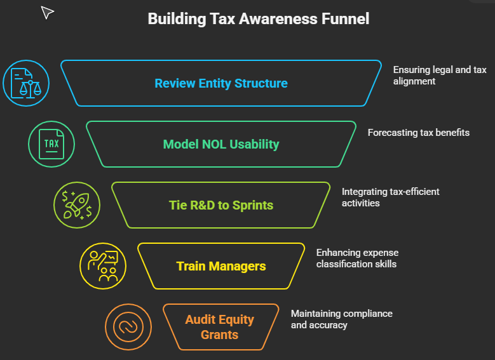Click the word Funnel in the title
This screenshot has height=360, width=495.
[346, 19]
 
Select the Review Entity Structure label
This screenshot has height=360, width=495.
[220, 83]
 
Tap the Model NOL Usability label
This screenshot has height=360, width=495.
[220, 144]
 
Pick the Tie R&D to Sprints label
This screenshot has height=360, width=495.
[220, 205]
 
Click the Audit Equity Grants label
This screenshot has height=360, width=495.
[220, 327]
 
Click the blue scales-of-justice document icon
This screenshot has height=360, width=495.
[26, 83]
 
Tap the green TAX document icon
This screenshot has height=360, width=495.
[51, 144]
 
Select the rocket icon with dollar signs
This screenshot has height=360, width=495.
[77, 205]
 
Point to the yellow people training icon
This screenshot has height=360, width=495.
[103, 265]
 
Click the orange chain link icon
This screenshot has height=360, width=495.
[128, 327]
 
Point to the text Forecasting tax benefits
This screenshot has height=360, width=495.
[418, 133]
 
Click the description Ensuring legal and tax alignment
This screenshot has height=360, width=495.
[439, 76]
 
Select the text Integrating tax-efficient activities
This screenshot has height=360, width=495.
[390, 197]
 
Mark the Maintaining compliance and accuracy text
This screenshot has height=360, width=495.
[341, 319]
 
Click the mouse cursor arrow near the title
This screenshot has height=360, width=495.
[48, 12]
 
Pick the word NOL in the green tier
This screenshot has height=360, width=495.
[215, 144]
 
